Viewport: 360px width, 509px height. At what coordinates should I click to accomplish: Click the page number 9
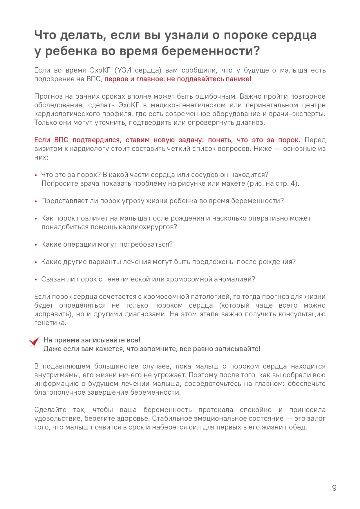[334, 488]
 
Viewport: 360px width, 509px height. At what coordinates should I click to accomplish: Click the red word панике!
[238, 79]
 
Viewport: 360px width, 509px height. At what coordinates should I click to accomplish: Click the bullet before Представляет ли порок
[36, 201]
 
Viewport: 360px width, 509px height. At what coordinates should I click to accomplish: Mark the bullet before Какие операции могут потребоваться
[36, 245]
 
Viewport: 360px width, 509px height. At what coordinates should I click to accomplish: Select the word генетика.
[50, 323]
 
